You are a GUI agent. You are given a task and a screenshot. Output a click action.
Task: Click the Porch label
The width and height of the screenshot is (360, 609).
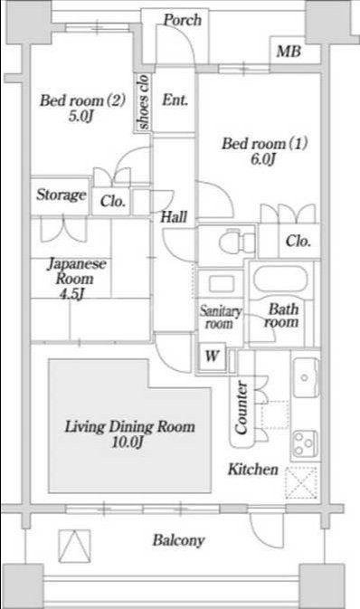[182, 20]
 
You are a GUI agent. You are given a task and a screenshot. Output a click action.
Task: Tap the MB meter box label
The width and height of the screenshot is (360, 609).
[289, 51]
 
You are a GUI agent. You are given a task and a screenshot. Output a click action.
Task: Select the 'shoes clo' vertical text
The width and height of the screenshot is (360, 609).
[143, 101]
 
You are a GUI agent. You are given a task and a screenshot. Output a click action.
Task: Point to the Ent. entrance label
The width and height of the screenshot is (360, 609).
[175, 100]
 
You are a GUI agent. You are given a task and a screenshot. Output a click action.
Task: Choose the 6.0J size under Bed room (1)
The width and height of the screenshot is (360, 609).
[263, 159]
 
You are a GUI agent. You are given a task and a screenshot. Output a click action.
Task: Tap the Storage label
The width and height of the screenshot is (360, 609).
[62, 195]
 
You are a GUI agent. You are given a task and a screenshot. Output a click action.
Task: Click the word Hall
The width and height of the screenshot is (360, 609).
[174, 216]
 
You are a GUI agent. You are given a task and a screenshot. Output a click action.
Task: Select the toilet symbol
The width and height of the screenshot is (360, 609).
[236, 243]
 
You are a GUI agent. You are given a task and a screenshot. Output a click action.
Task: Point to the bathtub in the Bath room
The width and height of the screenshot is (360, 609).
[280, 279]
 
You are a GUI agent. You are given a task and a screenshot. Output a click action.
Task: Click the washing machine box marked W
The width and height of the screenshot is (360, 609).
[212, 357]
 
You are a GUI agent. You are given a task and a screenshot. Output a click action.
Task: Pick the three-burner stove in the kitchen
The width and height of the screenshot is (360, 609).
[305, 443]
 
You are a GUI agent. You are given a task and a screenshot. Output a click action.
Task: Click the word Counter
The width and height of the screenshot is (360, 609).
[242, 407]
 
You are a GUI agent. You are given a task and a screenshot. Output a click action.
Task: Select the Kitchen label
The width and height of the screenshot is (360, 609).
[253, 469]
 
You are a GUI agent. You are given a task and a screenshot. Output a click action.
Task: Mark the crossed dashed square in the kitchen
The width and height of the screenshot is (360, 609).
[301, 483]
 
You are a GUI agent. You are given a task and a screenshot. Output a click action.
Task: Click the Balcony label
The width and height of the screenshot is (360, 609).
[178, 540]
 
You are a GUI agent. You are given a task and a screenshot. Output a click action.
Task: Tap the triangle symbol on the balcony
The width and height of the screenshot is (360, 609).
[74, 546]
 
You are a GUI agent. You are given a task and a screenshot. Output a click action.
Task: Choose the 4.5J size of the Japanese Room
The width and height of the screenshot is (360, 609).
[71, 294]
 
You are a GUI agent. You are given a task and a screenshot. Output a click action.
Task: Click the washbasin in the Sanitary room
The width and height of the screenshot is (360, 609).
[222, 283]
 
